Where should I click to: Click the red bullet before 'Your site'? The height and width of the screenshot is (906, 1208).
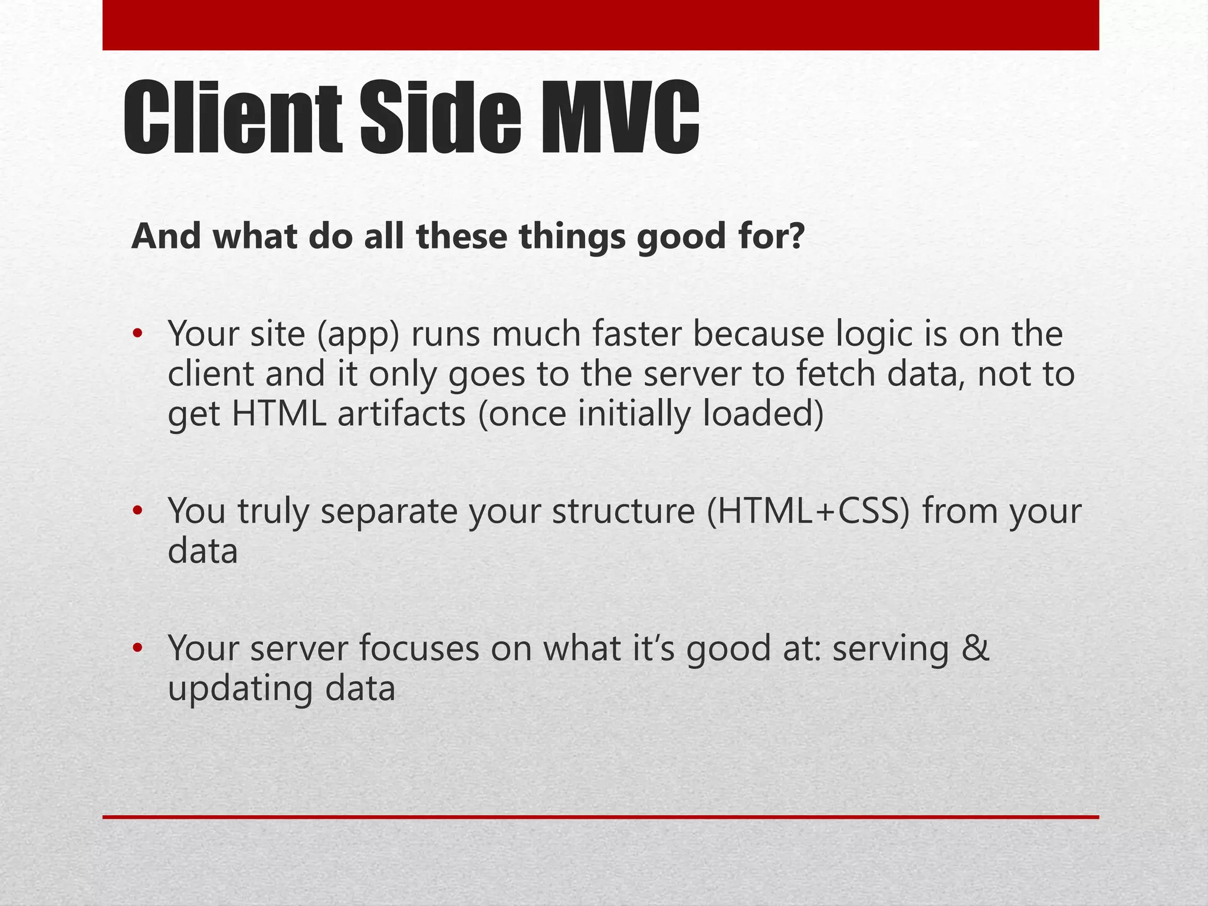pos(137,334)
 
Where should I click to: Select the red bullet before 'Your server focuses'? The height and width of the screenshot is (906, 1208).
pos(137,648)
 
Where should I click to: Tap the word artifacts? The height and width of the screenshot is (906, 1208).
pos(402,413)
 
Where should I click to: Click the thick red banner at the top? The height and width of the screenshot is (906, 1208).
pos(600,25)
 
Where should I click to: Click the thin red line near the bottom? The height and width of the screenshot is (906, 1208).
pos(600,817)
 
